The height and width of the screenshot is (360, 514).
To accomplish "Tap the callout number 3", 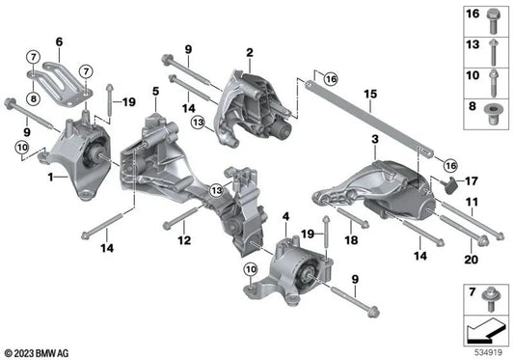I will coord(373,141).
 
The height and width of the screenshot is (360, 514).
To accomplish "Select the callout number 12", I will coord(184,239).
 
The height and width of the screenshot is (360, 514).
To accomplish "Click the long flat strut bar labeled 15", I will coord(366,117).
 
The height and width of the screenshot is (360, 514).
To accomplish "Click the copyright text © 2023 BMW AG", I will coord(39,350).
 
